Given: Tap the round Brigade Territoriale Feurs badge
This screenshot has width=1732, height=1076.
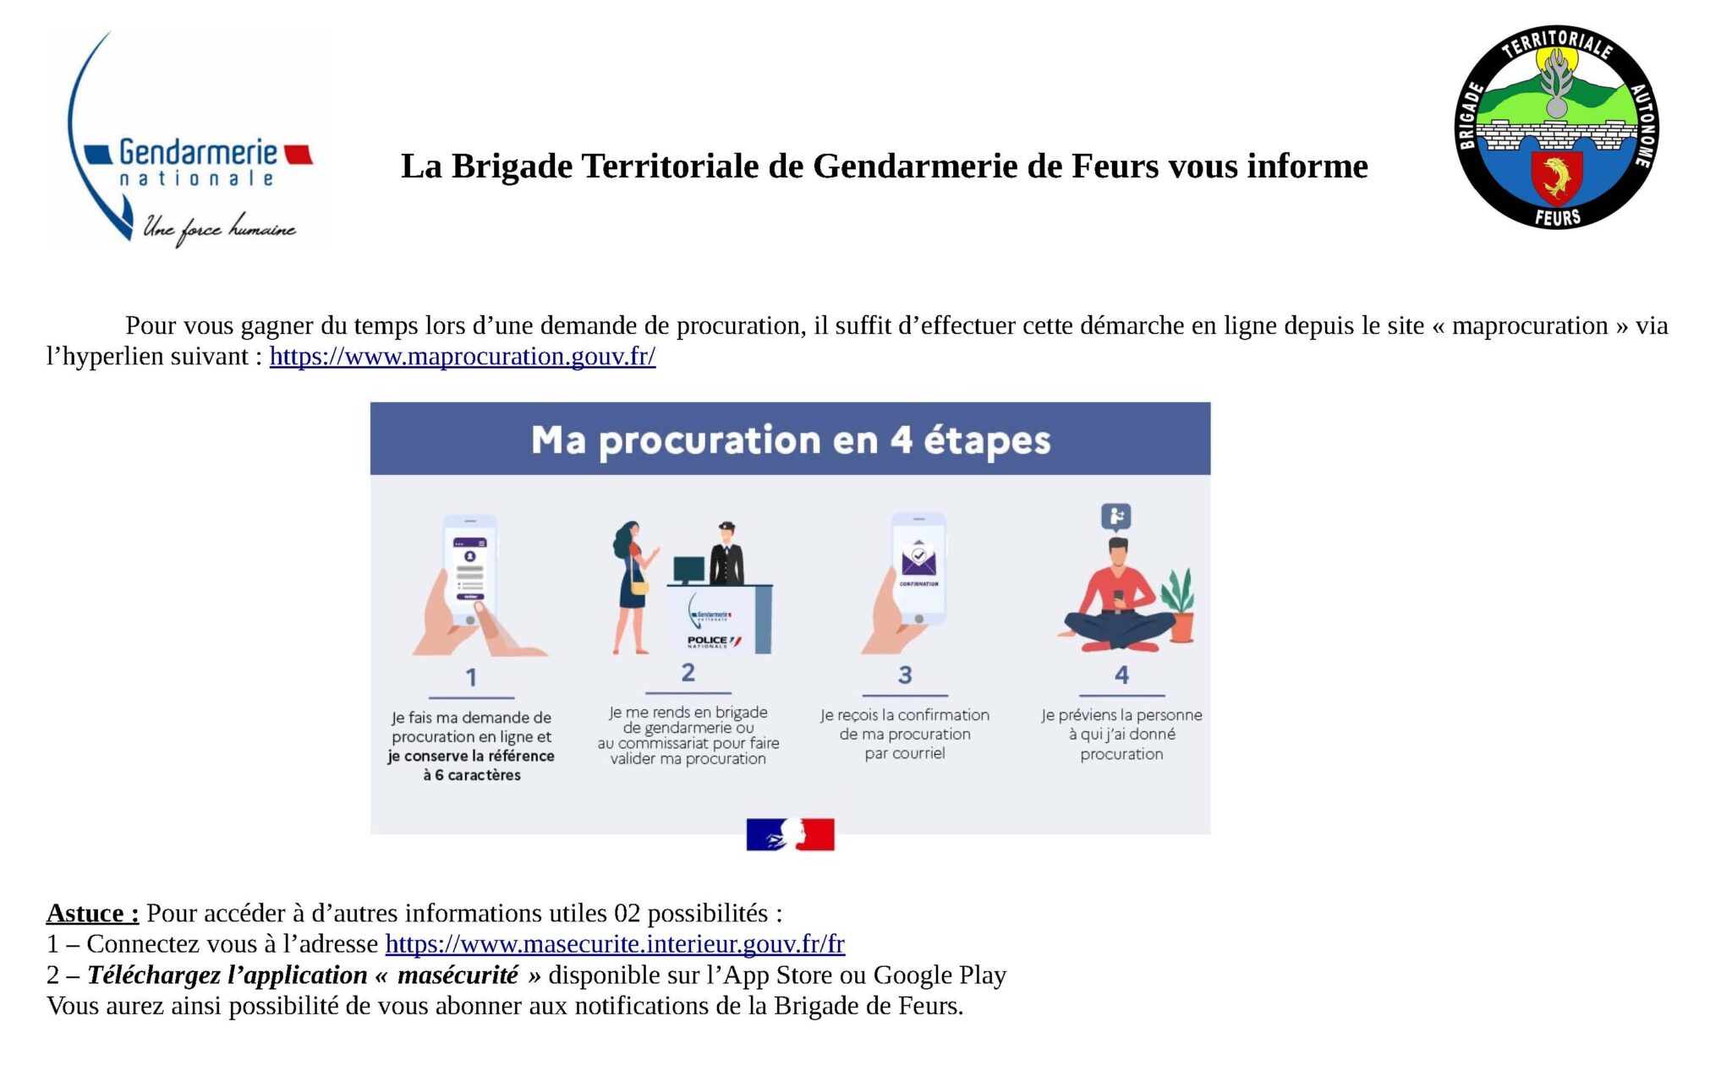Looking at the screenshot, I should click(x=1556, y=127).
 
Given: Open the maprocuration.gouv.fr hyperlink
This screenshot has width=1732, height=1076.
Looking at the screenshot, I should click(x=463, y=357).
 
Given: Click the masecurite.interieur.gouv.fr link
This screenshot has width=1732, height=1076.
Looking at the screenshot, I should click(x=615, y=943).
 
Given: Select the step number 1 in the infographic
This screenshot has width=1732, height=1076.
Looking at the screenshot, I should click(x=471, y=677).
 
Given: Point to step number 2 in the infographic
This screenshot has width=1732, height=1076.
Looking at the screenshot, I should click(x=688, y=673).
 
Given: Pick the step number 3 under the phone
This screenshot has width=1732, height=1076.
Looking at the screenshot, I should click(x=905, y=675).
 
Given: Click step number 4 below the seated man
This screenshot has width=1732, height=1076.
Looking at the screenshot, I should click(x=1121, y=675).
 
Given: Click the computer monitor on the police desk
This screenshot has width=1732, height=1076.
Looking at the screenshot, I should click(x=689, y=570).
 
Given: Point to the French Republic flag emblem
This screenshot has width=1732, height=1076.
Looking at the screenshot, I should click(x=790, y=834).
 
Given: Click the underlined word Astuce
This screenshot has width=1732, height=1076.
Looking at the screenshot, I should click(x=92, y=913).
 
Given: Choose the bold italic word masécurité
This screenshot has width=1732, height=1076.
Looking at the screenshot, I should click(x=458, y=975).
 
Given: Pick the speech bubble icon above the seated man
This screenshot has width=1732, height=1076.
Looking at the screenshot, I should click(x=1116, y=516).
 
